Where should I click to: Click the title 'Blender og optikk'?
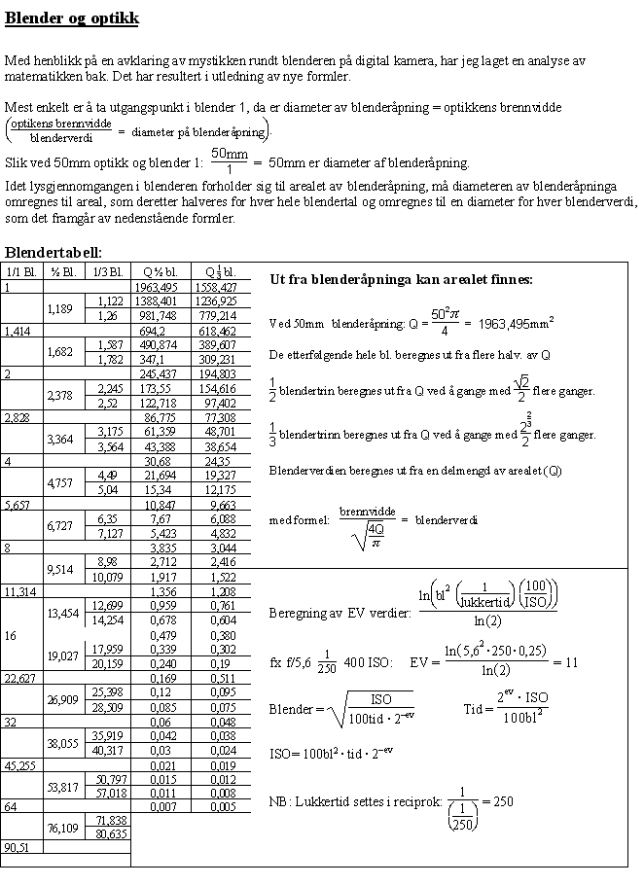(72, 18)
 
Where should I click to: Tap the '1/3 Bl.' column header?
(109, 272)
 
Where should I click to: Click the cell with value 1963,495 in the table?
(157, 288)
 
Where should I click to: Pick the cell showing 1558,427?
(215, 288)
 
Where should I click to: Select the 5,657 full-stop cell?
(18, 505)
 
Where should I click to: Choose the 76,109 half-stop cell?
(63, 827)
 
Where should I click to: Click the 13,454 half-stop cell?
(63, 613)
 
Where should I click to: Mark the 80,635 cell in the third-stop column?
(109, 833)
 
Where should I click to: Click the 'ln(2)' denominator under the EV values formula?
(486, 619)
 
